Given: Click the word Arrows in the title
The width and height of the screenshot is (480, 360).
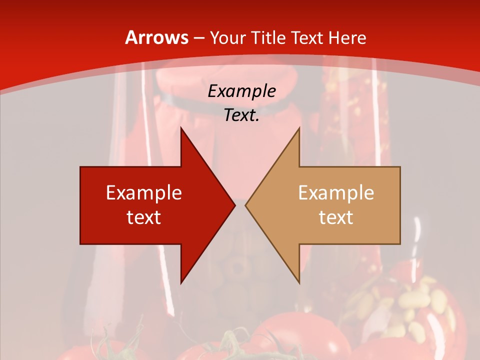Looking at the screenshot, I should pos(156,37).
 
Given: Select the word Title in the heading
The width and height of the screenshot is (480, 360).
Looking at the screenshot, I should pos(270,37).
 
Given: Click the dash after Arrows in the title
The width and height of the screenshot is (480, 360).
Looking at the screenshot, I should pos(198,38).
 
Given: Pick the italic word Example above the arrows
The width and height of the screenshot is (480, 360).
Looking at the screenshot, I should pos(241,91).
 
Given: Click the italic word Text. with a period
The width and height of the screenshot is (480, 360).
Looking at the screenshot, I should pos(241,115).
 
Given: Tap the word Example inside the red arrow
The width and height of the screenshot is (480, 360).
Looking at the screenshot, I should pos(144,192).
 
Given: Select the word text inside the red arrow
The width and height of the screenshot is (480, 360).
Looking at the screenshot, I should pos(144,217).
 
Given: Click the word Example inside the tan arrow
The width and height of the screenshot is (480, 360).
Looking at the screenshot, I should pos(336,192).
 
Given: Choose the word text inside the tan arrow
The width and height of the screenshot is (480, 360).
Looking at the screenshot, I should pos(336,217).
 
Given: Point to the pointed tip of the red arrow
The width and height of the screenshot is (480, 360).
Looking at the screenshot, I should pos(233,205).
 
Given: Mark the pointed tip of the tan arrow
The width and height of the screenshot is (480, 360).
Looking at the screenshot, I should pos(246,205).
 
